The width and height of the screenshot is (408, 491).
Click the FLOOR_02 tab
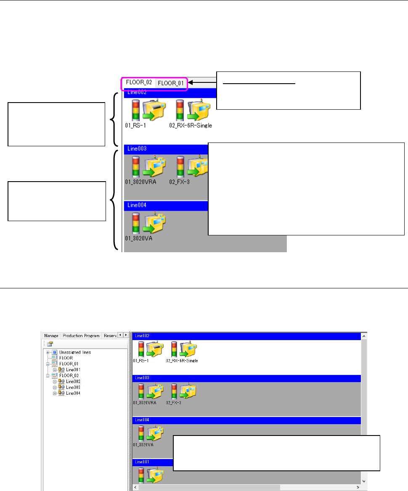(x=139, y=82)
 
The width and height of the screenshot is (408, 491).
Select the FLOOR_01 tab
(x=171, y=83)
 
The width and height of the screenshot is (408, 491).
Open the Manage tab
(x=51, y=335)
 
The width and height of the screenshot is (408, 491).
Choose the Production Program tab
(x=81, y=335)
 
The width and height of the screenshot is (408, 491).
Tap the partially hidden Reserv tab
(x=110, y=335)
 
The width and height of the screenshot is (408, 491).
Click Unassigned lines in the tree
(x=75, y=352)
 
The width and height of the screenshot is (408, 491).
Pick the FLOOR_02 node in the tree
(x=69, y=375)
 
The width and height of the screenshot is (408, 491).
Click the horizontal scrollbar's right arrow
(x=358, y=487)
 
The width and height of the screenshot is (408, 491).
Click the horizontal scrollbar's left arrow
(x=135, y=487)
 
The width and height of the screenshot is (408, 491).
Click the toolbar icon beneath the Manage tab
(x=50, y=343)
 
